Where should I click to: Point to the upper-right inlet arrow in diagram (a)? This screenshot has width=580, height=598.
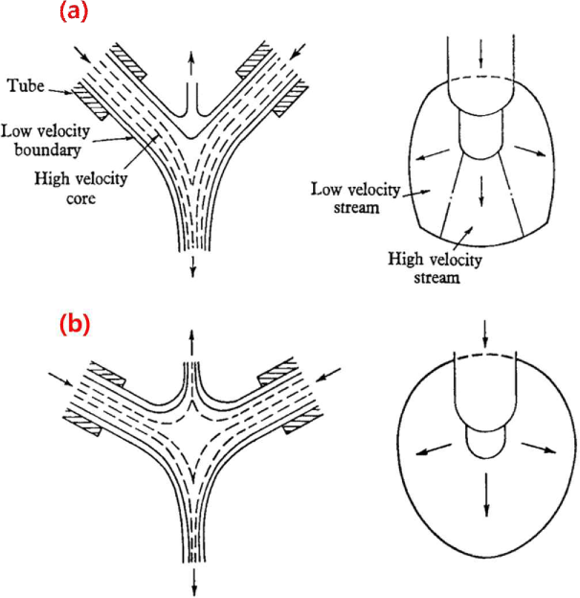point(301,48)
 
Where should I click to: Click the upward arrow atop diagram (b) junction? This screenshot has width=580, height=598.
point(191,343)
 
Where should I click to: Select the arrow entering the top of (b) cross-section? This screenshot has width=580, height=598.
point(485,334)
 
